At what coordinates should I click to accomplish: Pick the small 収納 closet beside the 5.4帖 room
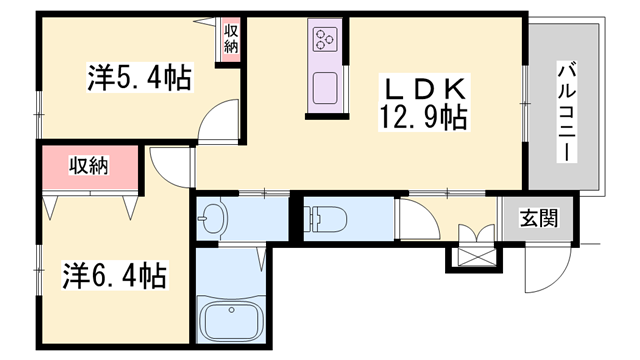click(x=231, y=40)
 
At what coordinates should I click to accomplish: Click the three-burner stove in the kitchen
click(x=325, y=38)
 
